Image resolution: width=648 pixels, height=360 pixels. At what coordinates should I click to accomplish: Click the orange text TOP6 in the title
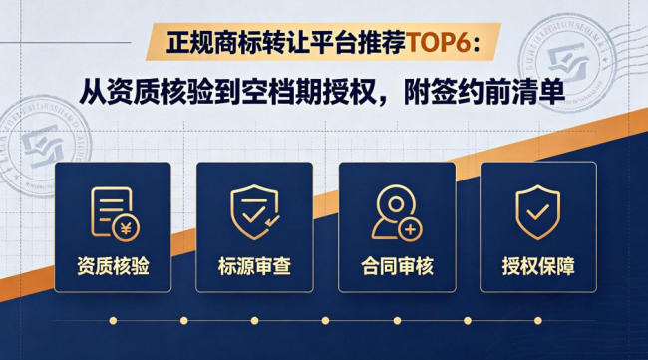pos(439,42)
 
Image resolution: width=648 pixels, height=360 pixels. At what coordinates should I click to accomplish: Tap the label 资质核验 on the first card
pos(113,266)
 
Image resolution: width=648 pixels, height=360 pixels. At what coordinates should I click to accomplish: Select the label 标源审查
pos(254,266)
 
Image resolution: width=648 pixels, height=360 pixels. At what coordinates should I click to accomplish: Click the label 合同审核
pos(397,266)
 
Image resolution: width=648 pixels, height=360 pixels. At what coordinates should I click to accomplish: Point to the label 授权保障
pos(538,266)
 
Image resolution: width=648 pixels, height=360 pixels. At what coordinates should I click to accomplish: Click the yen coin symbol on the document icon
pos(126,228)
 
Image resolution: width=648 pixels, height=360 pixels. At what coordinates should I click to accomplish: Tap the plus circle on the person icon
pos(410,229)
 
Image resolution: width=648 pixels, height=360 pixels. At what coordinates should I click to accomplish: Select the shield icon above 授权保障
pos(537,212)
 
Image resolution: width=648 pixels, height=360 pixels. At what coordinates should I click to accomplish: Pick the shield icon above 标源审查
pos(254,212)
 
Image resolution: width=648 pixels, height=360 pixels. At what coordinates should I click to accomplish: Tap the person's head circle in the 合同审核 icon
pos(396,204)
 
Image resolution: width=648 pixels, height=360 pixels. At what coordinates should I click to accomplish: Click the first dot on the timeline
pos(113,321)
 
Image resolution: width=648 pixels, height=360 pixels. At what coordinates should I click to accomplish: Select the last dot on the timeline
pos(538,321)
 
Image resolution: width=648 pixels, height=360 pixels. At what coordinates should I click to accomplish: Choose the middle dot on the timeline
pos(326,321)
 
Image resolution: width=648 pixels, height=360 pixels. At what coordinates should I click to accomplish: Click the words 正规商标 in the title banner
pos(213,42)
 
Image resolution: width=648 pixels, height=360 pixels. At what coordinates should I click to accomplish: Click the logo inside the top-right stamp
pos(568,63)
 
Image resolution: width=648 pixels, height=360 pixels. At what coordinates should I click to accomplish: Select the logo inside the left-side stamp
pos(44,148)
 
